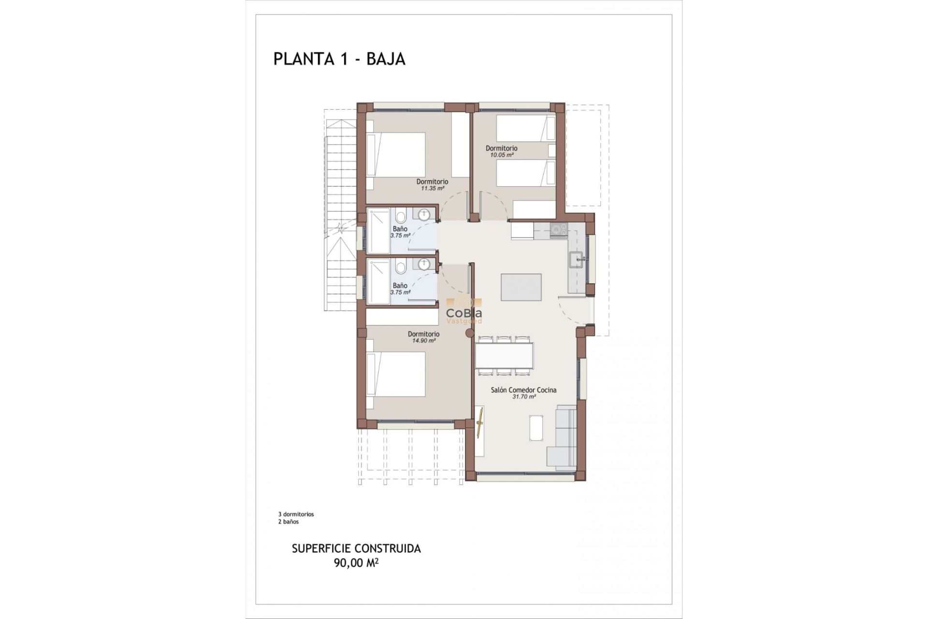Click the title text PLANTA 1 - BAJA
coord(339,59)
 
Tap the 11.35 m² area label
coord(432,189)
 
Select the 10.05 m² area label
coord(501,155)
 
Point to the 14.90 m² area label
coord(423,341)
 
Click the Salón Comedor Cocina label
coord(523,390)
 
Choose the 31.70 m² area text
coord(524,397)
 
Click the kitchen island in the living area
coord(521,287)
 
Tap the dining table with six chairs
coord(504,355)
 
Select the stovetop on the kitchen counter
coord(558,230)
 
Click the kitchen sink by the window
coord(577,260)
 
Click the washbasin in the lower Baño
coord(424,265)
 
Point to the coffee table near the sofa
coord(536,428)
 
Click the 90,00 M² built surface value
coord(356,563)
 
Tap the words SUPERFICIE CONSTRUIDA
coord(356,548)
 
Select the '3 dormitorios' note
coord(296,515)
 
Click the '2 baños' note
coord(288,522)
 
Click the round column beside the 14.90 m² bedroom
coord(469,333)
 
